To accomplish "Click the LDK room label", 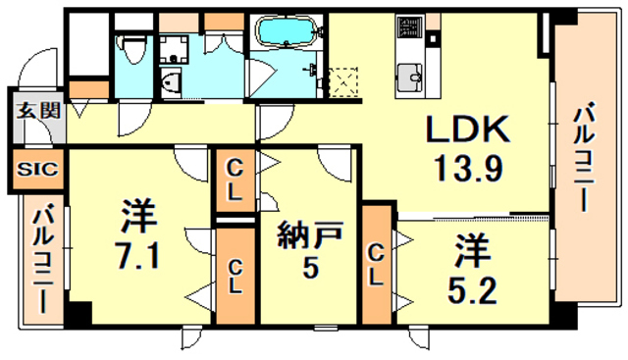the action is (468, 129).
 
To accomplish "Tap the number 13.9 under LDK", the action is (469, 168).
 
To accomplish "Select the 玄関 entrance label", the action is (38, 110).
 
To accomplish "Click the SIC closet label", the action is (37, 170).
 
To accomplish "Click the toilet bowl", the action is (134, 49).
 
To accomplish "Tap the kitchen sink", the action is (410, 77).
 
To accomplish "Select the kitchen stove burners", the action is (409, 26).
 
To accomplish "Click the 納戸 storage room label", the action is (310, 237).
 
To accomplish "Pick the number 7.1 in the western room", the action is (137, 256).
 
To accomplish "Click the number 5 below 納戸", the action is (310, 267).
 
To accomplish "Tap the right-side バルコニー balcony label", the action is (584, 157).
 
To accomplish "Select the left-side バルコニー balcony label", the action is (43, 260).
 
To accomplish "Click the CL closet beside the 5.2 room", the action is (376, 265).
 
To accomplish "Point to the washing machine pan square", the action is (174, 50).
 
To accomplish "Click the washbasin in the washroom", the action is (171, 82).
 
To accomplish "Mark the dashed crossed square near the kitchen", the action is (343, 82).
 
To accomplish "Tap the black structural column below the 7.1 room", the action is (78, 313).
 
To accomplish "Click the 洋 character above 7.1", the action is (138, 217).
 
